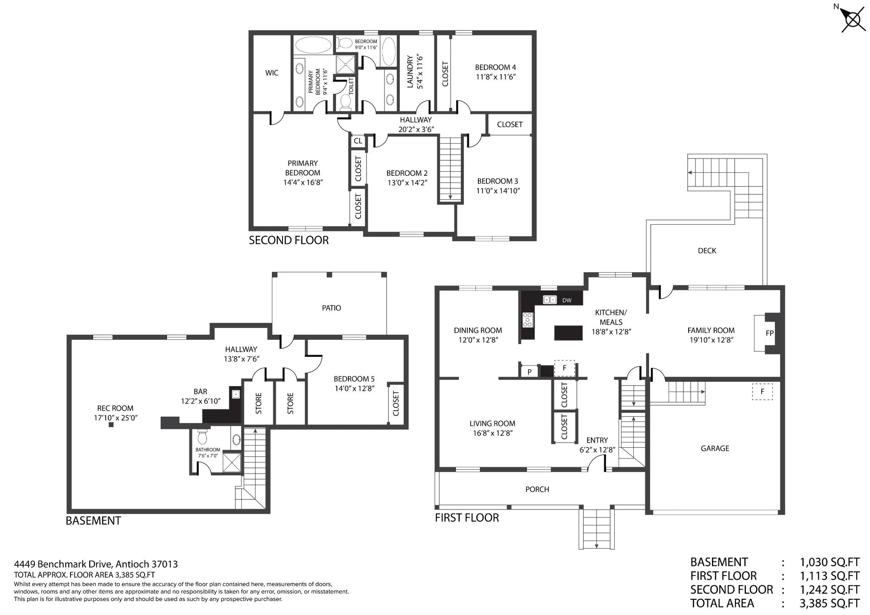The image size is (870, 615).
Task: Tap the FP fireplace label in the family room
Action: (x=770, y=333)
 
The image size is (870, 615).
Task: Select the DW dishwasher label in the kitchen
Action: (x=567, y=300)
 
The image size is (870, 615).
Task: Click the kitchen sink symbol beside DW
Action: (x=550, y=300)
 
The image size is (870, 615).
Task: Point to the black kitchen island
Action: (x=568, y=333)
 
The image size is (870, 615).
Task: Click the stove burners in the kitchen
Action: (x=528, y=319)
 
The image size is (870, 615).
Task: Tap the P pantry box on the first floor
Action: (x=529, y=372)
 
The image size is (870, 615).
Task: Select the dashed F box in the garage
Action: (x=762, y=392)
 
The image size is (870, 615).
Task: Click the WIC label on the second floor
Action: (x=272, y=73)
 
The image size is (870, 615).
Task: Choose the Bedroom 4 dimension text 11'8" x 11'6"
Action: (x=496, y=77)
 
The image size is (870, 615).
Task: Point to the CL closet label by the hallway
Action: (x=358, y=141)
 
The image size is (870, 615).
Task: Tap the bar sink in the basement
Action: (x=236, y=394)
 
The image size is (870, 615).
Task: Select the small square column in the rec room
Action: (x=111, y=425)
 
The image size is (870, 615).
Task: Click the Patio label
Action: (x=331, y=308)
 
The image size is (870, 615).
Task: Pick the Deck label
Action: (x=707, y=251)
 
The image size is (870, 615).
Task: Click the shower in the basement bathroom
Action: (x=232, y=463)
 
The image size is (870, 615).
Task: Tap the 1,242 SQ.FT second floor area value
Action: (x=830, y=590)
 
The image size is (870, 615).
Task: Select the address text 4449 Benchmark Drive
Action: (x=64, y=564)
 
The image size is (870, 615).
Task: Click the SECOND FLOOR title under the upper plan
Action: (x=289, y=240)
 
